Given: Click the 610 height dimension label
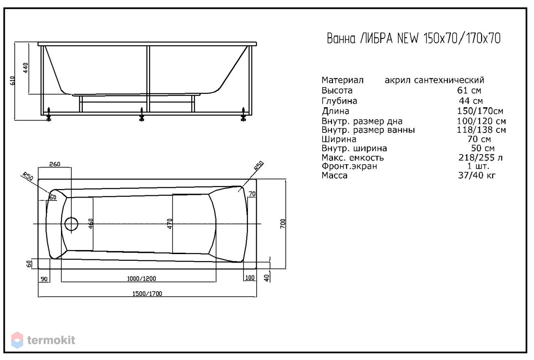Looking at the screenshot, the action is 12,81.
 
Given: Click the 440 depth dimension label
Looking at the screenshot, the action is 25,68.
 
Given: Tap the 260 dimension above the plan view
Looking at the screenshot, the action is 55,164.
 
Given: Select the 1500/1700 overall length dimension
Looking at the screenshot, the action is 147,294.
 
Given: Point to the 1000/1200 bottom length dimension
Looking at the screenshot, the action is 142,279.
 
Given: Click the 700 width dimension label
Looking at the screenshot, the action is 283,224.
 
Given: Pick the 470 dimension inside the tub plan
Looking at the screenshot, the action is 170,224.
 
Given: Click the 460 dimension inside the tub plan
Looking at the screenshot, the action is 91,224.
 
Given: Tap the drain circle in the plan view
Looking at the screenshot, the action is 71,224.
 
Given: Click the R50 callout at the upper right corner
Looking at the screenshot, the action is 259,166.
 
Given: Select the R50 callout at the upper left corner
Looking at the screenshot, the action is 28,176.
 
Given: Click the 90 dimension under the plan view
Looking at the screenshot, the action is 44,279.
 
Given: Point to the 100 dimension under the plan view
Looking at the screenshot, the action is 250,278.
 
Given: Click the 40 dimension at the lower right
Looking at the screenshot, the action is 267,278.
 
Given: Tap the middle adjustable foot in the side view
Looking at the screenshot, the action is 142,114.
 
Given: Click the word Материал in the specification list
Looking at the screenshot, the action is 342,80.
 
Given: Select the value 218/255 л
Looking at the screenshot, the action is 480,158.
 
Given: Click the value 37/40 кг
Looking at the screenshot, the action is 477,175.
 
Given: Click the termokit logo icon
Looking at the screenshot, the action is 17,340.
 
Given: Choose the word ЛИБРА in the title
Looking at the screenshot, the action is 376,39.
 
